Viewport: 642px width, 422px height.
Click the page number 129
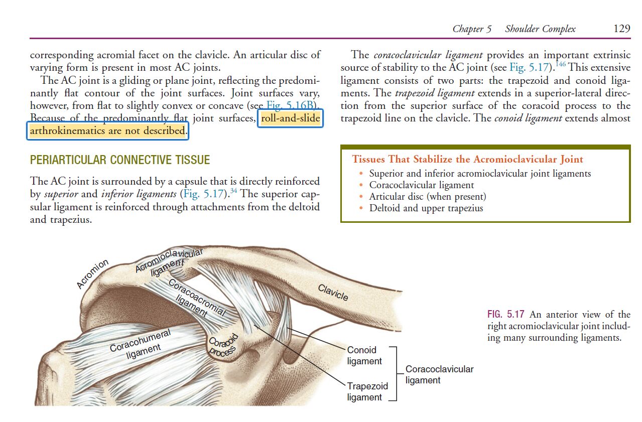(621, 29)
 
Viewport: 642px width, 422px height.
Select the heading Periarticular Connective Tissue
(120, 160)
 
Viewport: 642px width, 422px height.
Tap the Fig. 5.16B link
(291, 105)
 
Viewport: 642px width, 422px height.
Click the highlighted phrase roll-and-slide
(290, 118)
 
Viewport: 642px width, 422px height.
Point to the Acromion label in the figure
(92, 274)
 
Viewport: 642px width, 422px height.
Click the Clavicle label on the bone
(333, 293)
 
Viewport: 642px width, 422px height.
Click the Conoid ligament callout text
(364, 356)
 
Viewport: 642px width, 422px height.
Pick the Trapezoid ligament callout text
(367, 391)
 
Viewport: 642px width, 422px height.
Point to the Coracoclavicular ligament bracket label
(439, 375)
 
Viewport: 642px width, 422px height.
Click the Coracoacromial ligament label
(197, 299)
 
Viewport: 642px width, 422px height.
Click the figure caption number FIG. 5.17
(506, 314)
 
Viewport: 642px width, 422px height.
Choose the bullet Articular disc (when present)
(428, 197)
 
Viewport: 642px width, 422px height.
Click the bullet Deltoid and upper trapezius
(426, 208)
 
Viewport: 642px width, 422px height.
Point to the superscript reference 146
(560, 64)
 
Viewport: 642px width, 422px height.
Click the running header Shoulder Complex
(540, 29)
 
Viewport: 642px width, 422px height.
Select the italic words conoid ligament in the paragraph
(528, 118)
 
